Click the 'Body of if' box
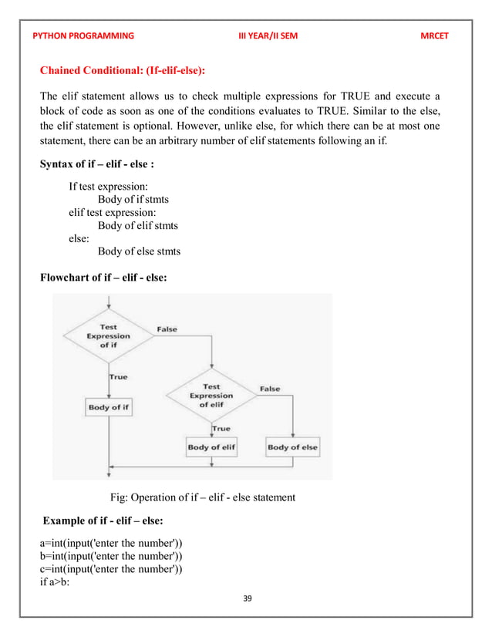coord(109,407)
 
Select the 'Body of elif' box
coord(211,447)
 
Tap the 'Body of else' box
coord(292,447)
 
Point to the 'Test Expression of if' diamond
coord(109,336)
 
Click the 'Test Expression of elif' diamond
coord(211,396)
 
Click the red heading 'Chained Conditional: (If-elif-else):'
coord(128,72)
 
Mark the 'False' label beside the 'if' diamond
coord(167,329)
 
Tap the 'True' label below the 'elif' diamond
coord(221,429)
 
